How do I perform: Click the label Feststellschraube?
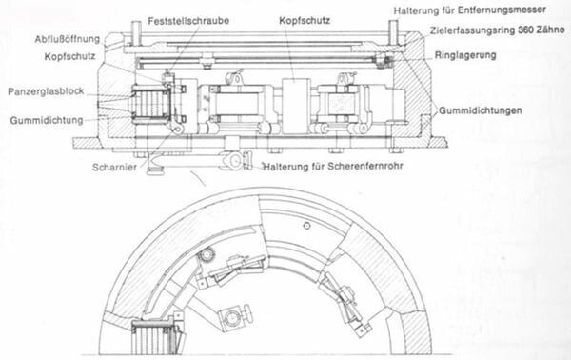188,21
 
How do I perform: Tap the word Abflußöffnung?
68,39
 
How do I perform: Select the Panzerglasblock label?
46,91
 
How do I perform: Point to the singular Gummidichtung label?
47,120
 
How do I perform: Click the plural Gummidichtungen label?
480,110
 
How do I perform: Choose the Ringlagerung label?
465,55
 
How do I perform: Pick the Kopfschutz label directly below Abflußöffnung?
69,56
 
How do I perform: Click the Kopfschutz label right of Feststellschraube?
305,21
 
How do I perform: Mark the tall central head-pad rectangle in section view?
296,106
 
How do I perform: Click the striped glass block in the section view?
151,105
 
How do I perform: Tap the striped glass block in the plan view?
152,337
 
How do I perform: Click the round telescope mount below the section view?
234,160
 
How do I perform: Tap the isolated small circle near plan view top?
306,226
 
